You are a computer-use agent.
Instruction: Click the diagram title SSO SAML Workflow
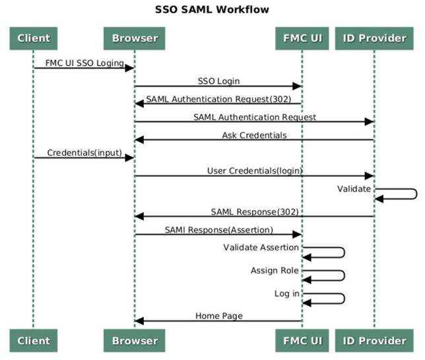point(212,10)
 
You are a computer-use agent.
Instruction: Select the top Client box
point(34,38)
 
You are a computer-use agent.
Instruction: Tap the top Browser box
point(134,38)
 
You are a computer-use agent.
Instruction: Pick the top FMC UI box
point(302,38)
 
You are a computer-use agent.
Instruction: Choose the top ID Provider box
point(374,38)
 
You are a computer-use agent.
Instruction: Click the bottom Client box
point(34,341)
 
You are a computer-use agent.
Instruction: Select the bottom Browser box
point(134,341)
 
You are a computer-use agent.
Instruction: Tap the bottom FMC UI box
point(302,341)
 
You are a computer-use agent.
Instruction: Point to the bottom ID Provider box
point(374,341)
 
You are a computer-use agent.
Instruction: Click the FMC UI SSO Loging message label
point(84,63)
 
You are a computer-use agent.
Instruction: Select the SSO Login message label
point(218,81)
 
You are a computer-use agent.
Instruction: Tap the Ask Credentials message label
point(254,135)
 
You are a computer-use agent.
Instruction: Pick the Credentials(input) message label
point(84,153)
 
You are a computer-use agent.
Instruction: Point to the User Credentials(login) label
point(255,171)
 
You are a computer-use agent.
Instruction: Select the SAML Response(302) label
point(255,212)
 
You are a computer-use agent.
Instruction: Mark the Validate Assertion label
point(261,248)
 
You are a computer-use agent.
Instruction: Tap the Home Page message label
point(218,316)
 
